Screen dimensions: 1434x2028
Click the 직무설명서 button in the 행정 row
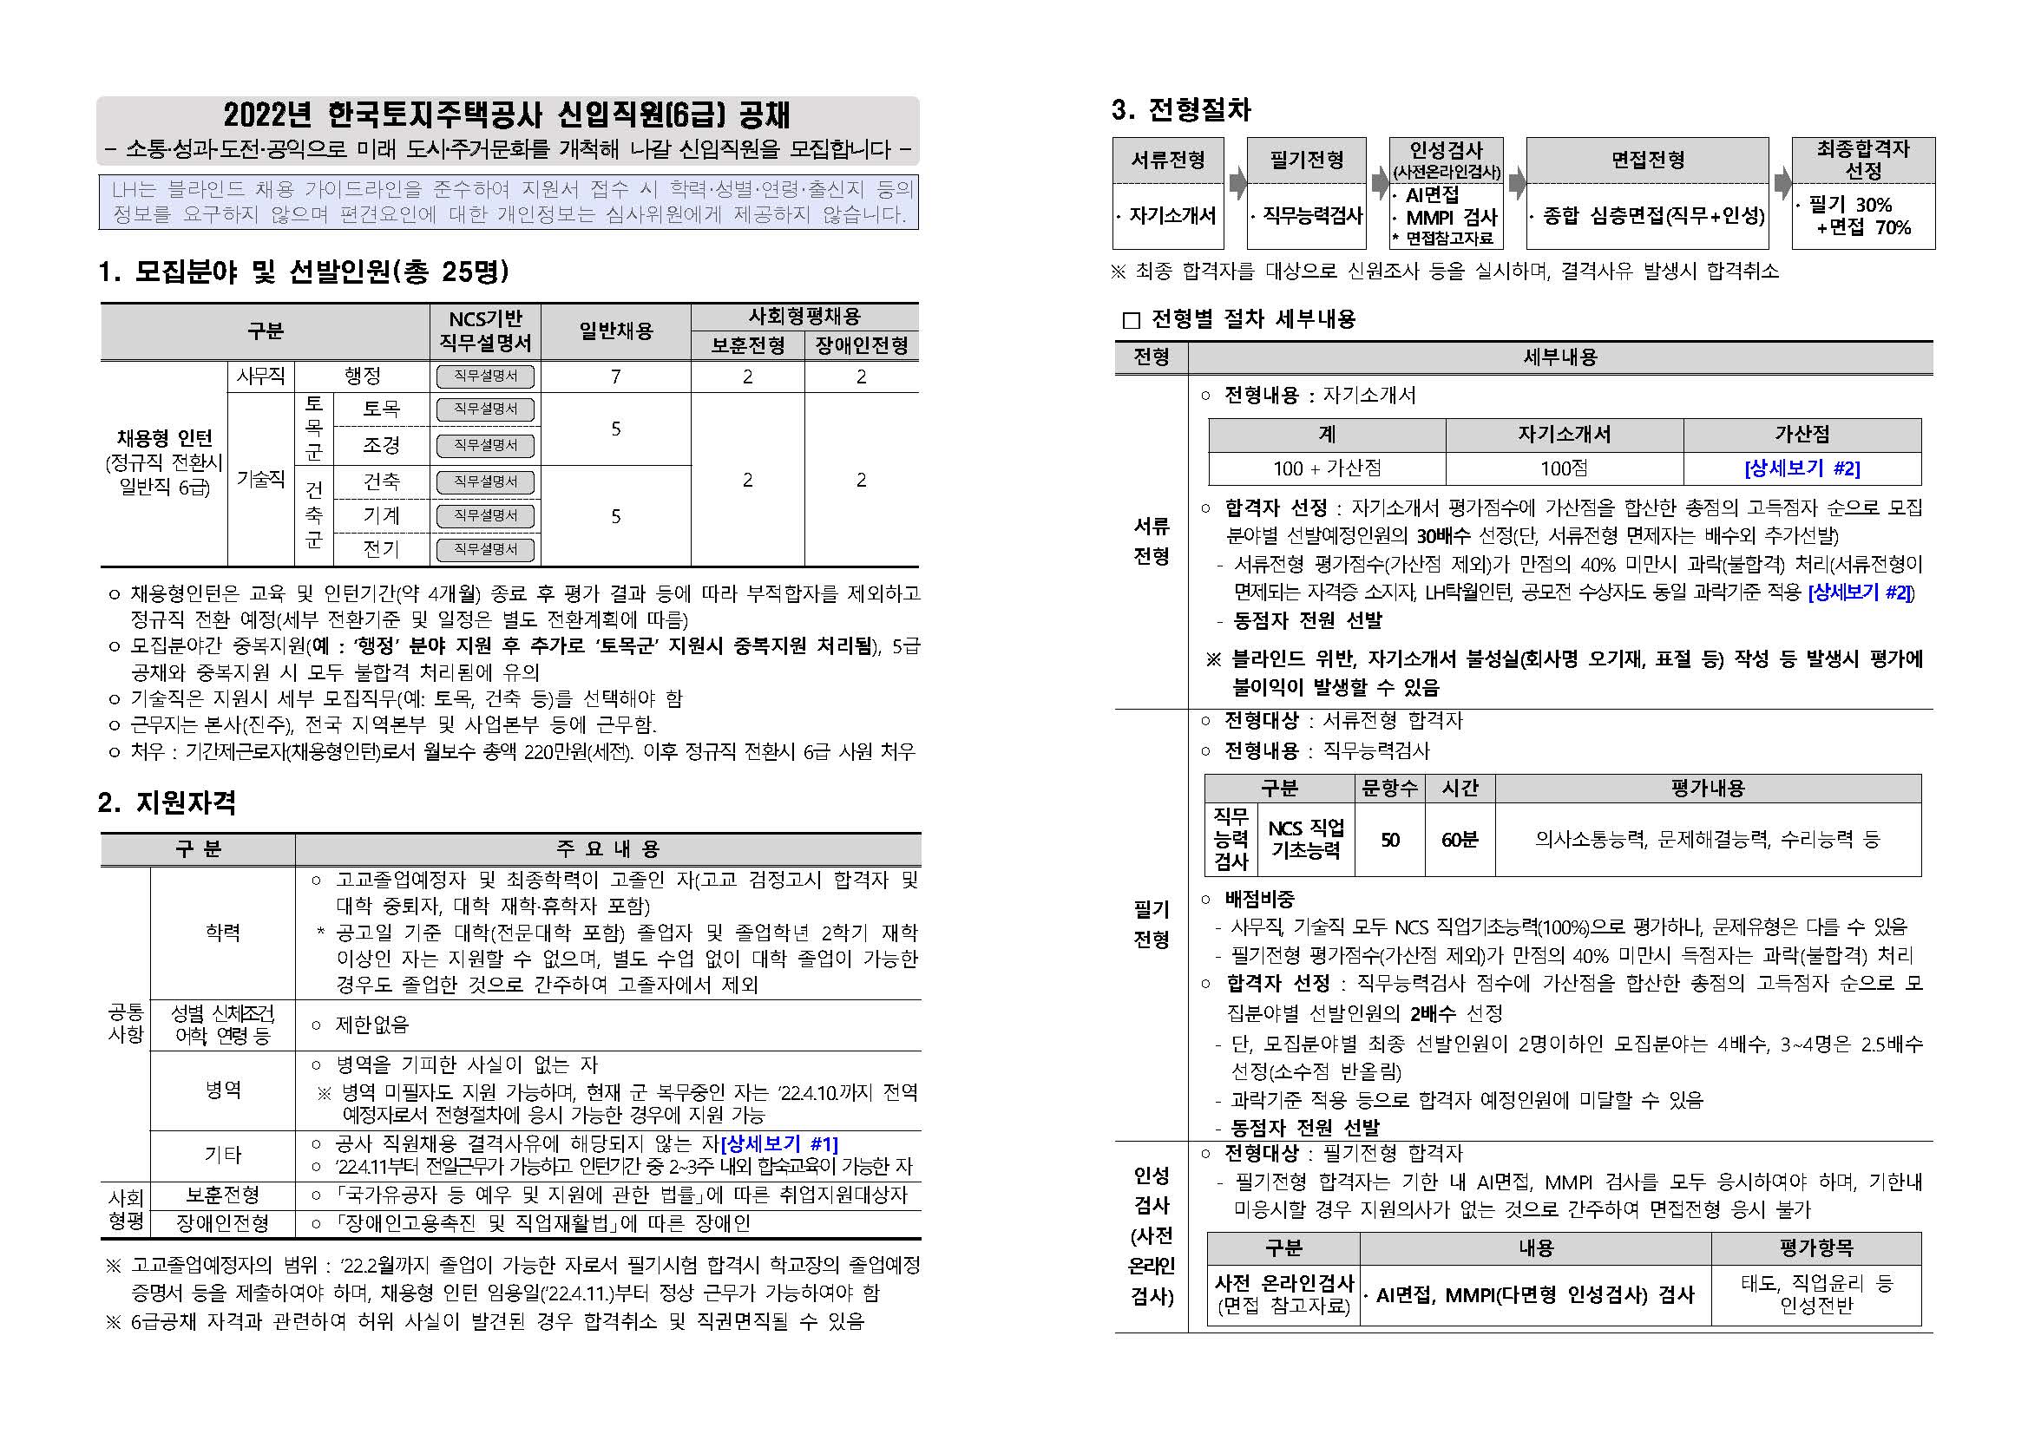pyautogui.click(x=485, y=377)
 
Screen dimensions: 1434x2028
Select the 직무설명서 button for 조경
pyautogui.click(x=485, y=445)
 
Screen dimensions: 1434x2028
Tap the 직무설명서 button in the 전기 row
pyautogui.click(x=485, y=549)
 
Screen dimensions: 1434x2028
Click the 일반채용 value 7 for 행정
pyautogui.click(x=615, y=377)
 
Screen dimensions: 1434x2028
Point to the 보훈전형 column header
pyautogui.click(x=747, y=345)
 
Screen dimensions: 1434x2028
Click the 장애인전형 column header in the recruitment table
pyautogui.click(x=861, y=345)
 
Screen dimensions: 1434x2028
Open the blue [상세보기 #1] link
pyautogui.click(x=779, y=1144)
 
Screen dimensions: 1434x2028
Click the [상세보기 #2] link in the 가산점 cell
pyautogui.click(x=1802, y=468)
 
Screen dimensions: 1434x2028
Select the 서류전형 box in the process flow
pyautogui.click(x=1168, y=160)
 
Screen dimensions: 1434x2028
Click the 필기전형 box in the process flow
pyautogui.click(x=1306, y=160)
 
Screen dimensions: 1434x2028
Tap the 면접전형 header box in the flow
pyautogui.click(x=1647, y=160)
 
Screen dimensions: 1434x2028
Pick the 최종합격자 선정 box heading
pyautogui.click(x=1863, y=160)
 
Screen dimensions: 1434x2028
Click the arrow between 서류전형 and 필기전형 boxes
pyautogui.click(x=1237, y=185)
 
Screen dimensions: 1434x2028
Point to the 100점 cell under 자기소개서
pyautogui.click(x=1564, y=468)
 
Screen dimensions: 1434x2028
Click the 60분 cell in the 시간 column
pyautogui.click(x=1460, y=840)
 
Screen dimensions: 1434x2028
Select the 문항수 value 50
pyautogui.click(x=1389, y=840)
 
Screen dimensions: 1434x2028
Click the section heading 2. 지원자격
pyautogui.click(x=167, y=802)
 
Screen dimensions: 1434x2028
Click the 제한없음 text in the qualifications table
pyautogui.click(x=372, y=1025)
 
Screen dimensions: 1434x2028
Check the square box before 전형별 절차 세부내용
pyautogui.click(x=1131, y=319)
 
